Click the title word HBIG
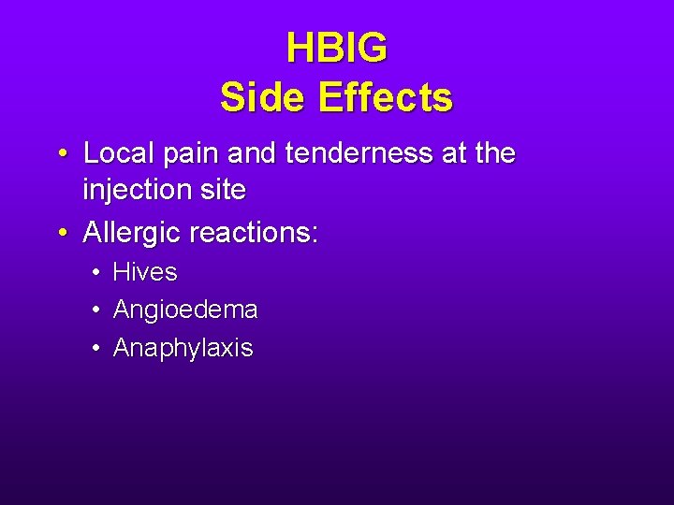(336, 49)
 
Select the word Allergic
(132, 231)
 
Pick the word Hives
(145, 272)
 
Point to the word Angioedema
(185, 310)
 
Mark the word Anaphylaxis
(183, 349)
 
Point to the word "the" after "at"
(495, 152)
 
